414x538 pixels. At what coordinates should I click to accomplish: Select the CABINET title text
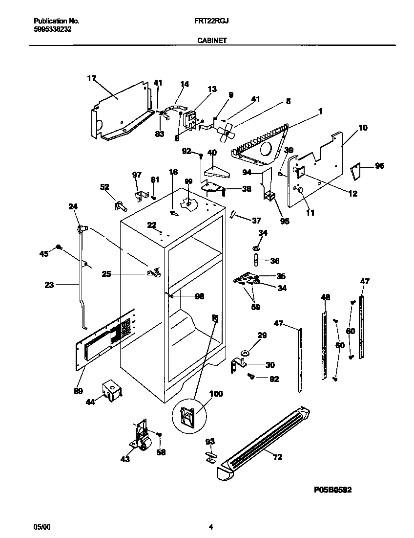point(211,41)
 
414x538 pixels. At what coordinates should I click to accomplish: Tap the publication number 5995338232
point(53,29)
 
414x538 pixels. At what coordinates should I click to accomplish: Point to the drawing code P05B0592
point(332,489)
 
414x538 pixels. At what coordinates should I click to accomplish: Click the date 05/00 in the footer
point(41,527)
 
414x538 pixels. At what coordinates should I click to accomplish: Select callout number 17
point(91,78)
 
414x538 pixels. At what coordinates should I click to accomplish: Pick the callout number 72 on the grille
point(278,457)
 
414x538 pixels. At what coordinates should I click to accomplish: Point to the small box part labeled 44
point(112,391)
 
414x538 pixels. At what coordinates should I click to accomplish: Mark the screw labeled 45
point(59,247)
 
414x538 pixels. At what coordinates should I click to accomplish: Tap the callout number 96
point(379,166)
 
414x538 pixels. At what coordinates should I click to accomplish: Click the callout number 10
point(363,128)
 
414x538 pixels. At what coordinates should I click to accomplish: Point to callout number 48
point(326,297)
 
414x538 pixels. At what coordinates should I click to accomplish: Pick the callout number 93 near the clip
point(210,442)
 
